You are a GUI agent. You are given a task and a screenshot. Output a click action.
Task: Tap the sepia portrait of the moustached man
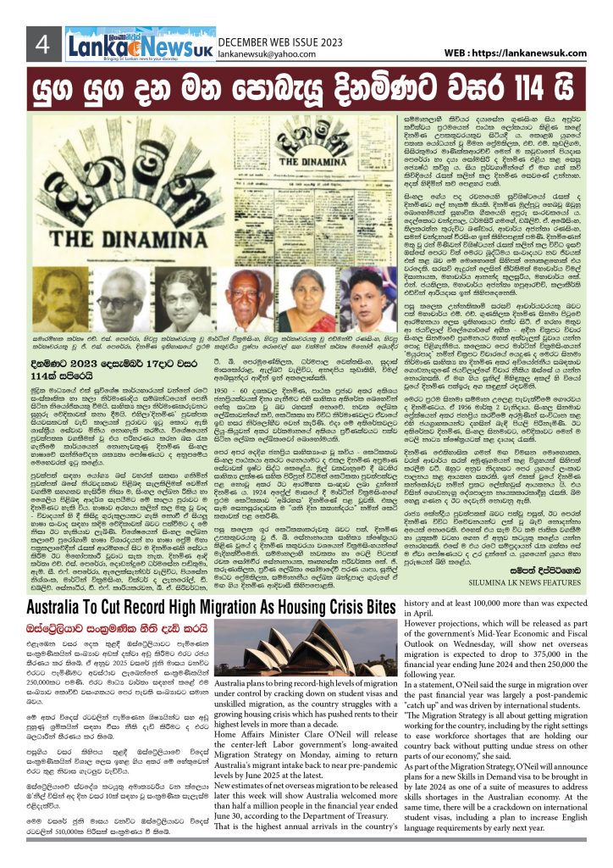pyautogui.click(x=60, y=298)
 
